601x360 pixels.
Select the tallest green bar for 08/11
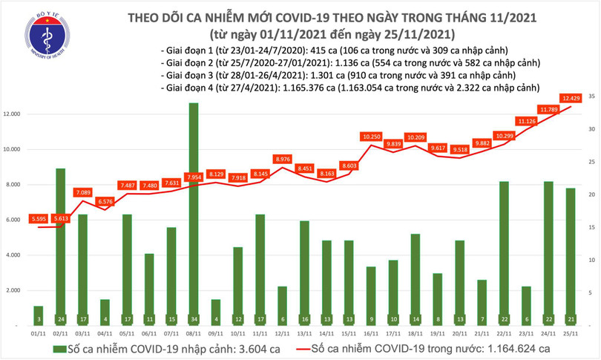coord(193,215)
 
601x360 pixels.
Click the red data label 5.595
coord(39,218)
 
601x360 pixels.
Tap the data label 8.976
coord(282,159)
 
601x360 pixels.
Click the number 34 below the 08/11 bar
coord(193,319)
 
